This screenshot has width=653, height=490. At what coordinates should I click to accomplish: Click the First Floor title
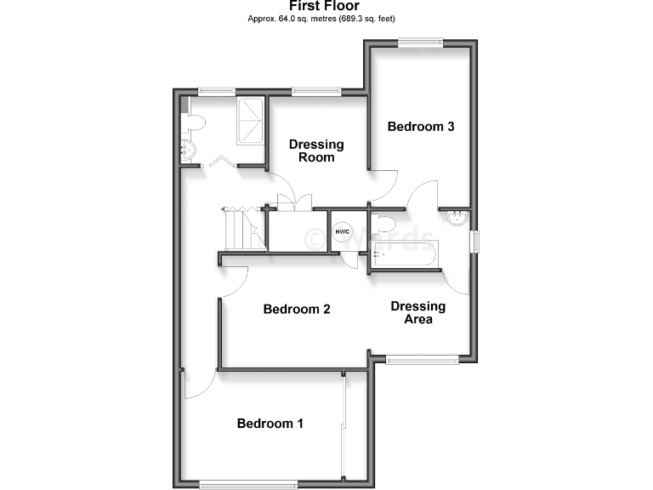(x=324, y=6)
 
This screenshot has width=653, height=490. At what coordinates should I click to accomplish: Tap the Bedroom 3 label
(x=421, y=127)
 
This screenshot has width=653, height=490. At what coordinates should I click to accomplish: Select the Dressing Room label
(x=316, y=151)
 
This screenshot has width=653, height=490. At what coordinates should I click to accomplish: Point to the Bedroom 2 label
(x=297, y=309)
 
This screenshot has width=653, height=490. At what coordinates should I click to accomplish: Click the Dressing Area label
(x=418, y=312)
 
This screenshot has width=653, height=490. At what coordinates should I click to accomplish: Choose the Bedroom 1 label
(x=270, y=424)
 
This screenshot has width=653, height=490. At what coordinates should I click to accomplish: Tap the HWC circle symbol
(x=343, y=232)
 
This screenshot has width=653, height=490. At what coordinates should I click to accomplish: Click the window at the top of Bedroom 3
(x=422, y=40)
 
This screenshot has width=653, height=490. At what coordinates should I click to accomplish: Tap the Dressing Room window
(x=317, y=90)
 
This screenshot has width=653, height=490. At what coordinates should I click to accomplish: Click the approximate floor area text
(x=321, y=18)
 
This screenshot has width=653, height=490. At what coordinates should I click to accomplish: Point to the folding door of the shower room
(x=222, y=161)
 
